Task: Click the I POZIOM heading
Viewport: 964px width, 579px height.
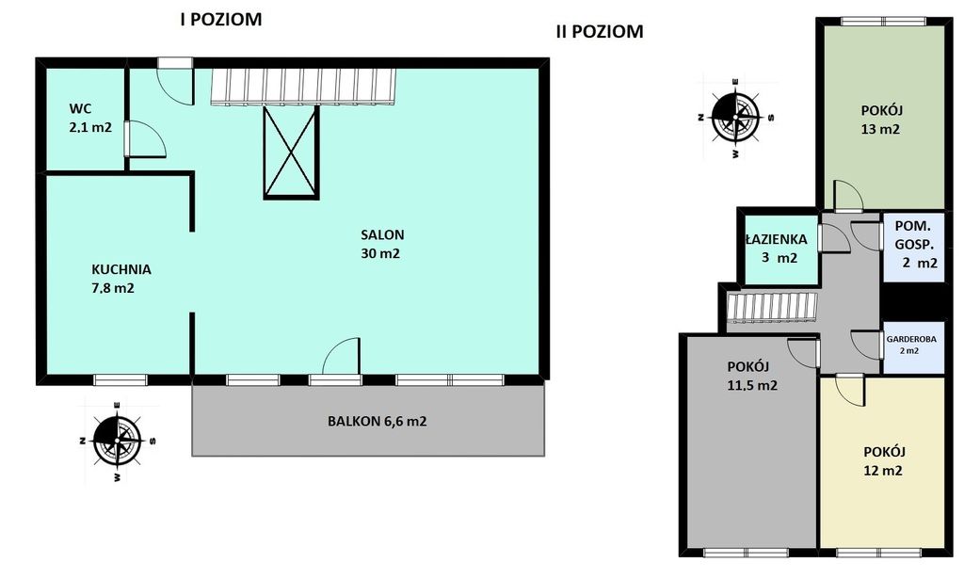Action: coord(220,20)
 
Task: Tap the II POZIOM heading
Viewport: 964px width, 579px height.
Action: coord(600,31)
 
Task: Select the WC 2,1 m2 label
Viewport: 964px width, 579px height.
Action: coord(89,118)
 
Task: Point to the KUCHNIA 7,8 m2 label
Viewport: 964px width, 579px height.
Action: coord(121,279)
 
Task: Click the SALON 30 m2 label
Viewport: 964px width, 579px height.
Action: coord(382,244)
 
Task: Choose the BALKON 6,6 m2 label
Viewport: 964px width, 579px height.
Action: coord(377,422)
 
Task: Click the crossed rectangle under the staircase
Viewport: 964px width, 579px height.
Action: coord(292,152)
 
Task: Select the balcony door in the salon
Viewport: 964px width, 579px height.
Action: coord(340,356)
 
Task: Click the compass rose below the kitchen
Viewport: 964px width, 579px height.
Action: coord(117,440)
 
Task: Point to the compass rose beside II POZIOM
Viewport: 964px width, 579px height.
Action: coord(735,117)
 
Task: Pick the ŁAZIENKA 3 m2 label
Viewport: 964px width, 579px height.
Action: coord(776,249)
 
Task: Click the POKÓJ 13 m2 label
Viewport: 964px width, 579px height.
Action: coord(881,120)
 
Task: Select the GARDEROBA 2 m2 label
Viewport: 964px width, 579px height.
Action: coord(911,345)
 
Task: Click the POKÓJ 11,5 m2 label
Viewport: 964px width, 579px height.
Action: coord(751,377)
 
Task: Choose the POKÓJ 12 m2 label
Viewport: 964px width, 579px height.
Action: coord(884,461)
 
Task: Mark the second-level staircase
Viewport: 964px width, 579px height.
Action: coord(772,307)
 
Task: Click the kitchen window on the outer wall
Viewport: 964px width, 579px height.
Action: coord(120,380)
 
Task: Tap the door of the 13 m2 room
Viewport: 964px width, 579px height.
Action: coord(848,195)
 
